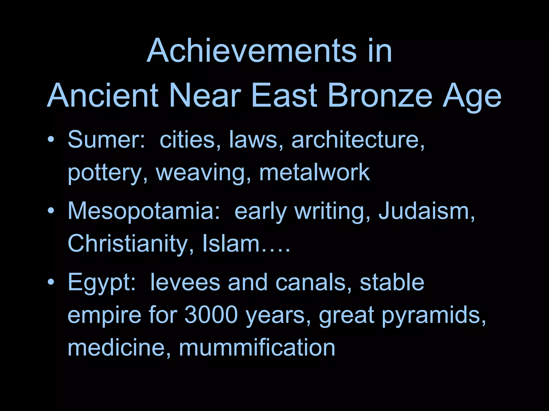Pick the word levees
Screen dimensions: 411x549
pyautogui.click(x=185, y=283)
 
